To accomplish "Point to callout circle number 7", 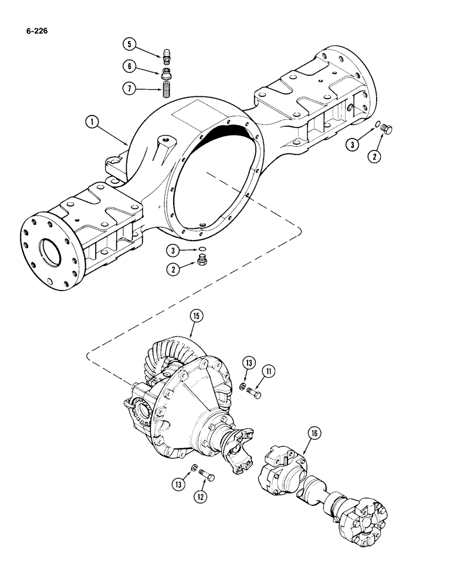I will click(x=129, y=89).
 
